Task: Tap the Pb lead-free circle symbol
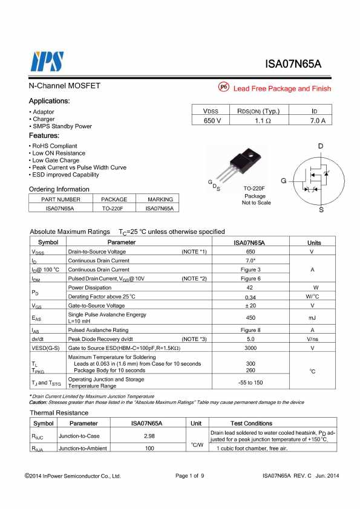click(223, 88)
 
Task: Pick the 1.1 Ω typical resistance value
click(263, 121)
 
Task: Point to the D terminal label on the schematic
click(321, 146)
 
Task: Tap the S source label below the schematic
click(321, 210)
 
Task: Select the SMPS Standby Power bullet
click(62, 126)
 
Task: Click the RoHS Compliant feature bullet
click(54, 146)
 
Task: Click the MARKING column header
click(160, 199)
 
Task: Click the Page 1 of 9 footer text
click(190, 476)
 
